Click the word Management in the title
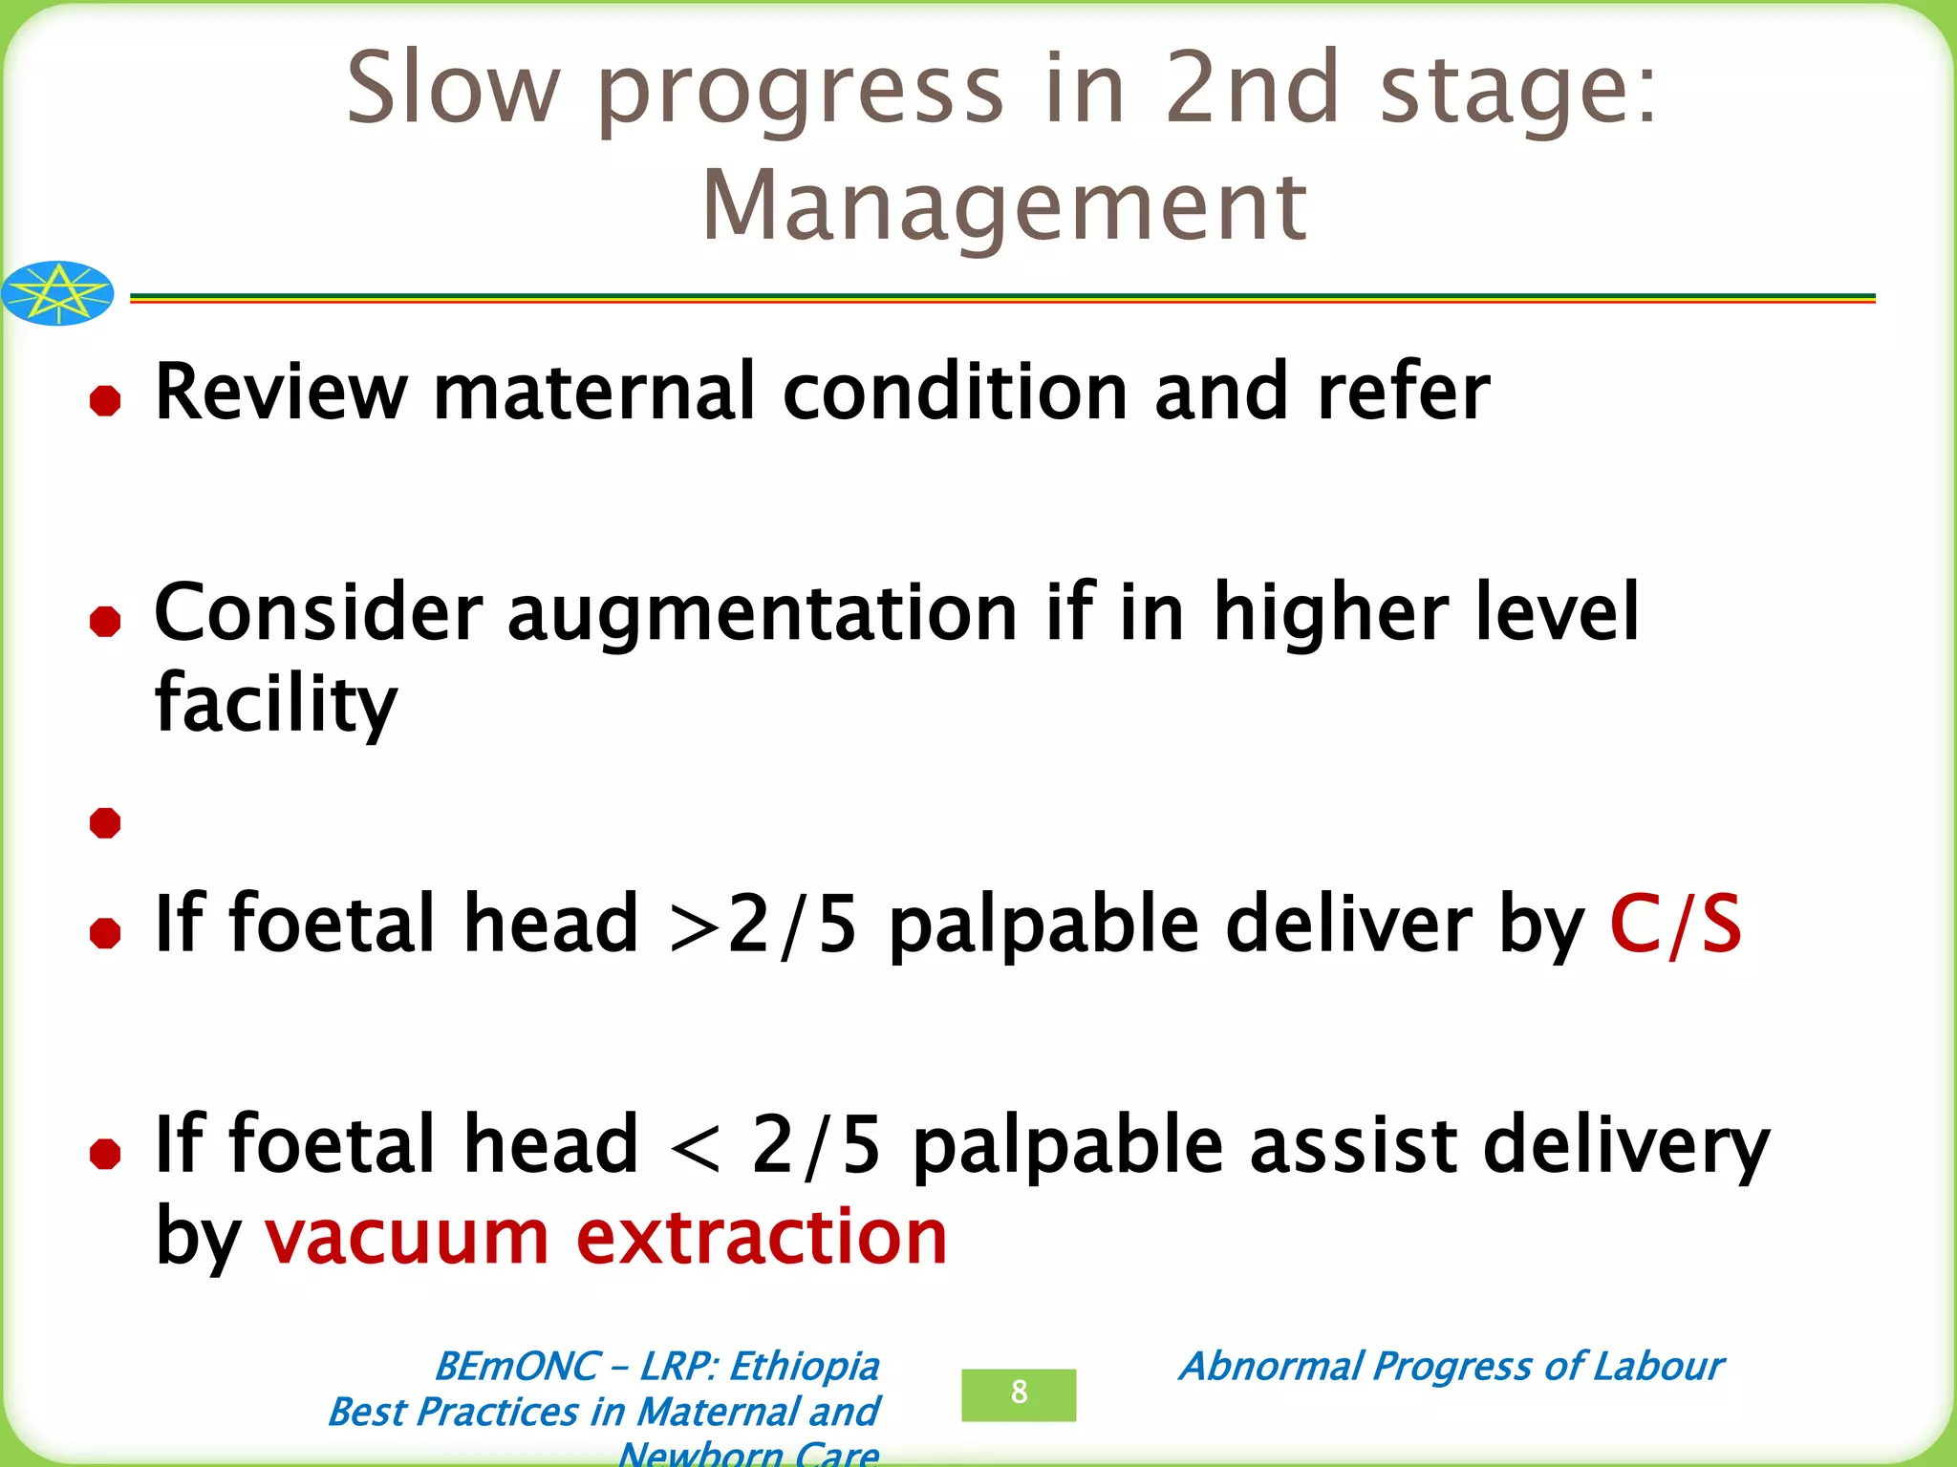[1004, 206]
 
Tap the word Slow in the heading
[452, 88]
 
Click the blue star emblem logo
[58, 293]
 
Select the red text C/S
[1676, 924]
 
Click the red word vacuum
[406, 1236]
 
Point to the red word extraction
[762, 1236]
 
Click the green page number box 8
[1019, 1393]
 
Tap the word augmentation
[762, 613]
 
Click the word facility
[275, 704]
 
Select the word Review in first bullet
[281, 392]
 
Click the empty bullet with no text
[105, 822]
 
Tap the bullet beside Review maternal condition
[105, 400]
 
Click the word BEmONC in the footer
[519, 1367]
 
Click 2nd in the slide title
[1253, 88]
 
